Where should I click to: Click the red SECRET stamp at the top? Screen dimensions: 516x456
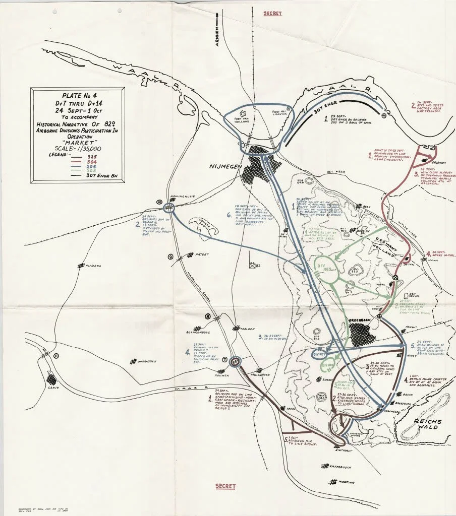click(x=272, y=13)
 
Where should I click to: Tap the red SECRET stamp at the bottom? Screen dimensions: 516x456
click(x=225, y=486)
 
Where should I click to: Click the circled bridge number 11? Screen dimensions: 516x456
click(x=56, y=356)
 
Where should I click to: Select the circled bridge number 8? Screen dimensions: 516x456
click(x=207, y=316)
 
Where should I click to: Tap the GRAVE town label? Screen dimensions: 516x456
click(x=54, y=388)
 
